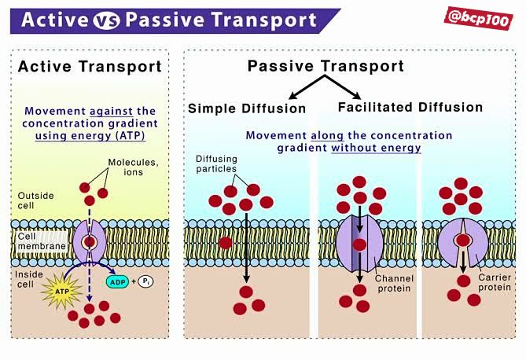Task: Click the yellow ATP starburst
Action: tap(62, 291)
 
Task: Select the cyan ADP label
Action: tap(117, 282)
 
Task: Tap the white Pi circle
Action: tap(145, 281)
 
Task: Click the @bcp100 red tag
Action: tap(478, 18)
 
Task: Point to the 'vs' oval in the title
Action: tap(106, 20)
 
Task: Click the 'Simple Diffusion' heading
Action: tap(247, 108)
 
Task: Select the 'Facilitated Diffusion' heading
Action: tap(410, 108)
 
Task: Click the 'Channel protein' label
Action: tap(394, 284)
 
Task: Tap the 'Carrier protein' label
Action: tap(495, 282)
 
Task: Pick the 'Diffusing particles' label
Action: tap(216, 163)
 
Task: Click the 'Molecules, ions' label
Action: tap(133, 167)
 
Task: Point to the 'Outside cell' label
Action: tap(35, 200)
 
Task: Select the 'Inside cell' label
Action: tap(29, 279)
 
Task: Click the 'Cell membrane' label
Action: tap(42, 241)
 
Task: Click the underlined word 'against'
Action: tap(111, 111)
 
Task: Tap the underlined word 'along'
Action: tap(327, 135)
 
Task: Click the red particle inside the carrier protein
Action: tap(463, 241)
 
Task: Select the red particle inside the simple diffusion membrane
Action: tap(226, 243)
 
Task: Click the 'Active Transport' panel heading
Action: tap(90, 67)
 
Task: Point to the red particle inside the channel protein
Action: tap(359, 244)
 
